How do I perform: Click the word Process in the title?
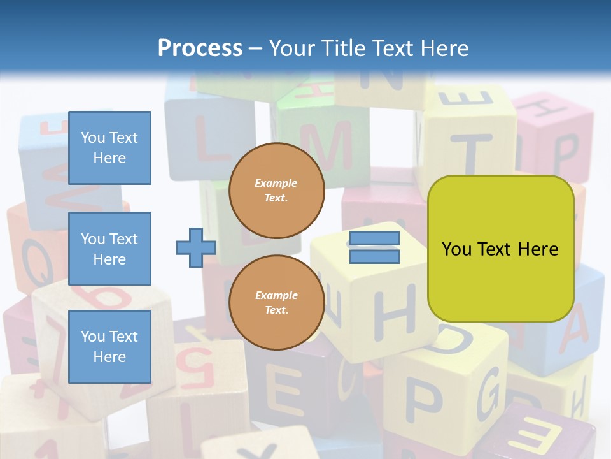click(x=200, y=48)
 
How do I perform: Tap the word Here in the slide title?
click(x=441, y=48)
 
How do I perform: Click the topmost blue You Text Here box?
click(x=109, y=148)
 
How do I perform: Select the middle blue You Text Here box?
click(x=109, y=249)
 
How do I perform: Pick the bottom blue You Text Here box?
click(x=109, y=347)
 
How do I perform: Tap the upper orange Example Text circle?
click(x=277, y=190)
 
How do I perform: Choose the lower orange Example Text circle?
click(x=277, y=302)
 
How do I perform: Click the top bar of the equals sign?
click(x=374, y=238)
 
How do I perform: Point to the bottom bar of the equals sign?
click(x=374, y=257)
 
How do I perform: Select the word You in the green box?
click(x=456, y=249)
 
